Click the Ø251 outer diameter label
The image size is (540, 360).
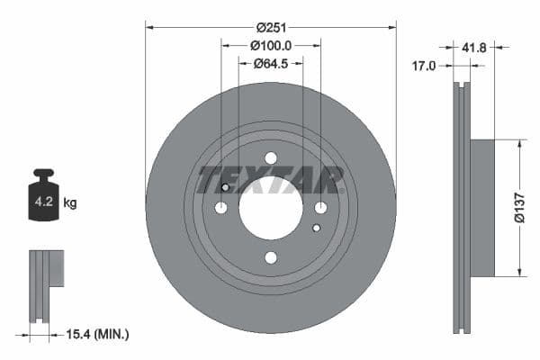point(270,28)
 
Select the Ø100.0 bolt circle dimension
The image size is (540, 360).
point(270,45)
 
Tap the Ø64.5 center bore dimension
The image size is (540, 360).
point(270,63)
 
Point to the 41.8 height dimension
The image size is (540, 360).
point(473,48)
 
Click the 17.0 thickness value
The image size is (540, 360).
point(424,66)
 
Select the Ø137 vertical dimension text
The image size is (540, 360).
point(519,207)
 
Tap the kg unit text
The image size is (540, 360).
point(70,203)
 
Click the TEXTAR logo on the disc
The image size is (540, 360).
point(270,178)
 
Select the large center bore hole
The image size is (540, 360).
point(271,208)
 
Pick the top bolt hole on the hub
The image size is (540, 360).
point(271,158)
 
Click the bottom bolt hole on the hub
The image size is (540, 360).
point(271,257)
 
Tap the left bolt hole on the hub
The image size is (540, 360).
point(221,208)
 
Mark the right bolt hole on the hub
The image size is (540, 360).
point(320,208)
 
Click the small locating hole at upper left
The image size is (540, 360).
point(226,187)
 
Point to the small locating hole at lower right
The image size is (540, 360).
point(316,229)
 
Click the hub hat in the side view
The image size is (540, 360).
point(482,208)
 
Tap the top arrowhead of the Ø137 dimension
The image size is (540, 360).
point(519,143)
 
